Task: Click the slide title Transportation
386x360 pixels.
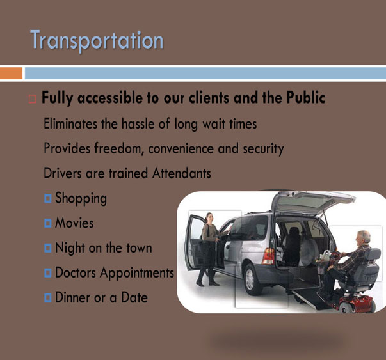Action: (97, 40)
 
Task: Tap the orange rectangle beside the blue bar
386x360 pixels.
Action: (11, 74)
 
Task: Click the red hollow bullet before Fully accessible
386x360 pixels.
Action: (32, 99)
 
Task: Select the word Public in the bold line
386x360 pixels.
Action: (306, 98)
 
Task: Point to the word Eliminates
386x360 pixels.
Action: (70, 123)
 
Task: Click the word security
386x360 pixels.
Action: (263, 149)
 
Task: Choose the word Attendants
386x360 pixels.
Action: (182, 173)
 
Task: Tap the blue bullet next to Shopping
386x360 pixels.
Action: (48, 198)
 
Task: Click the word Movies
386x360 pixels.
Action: (74, 223)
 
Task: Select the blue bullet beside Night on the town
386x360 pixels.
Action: (48, 248)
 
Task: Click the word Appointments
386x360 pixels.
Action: (137, 273)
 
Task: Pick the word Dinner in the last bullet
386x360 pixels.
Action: (72, 297)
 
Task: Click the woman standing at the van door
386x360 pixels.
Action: (209, 249)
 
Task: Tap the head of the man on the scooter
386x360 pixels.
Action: (364, 237)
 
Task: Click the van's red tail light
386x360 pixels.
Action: (269, 256)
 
